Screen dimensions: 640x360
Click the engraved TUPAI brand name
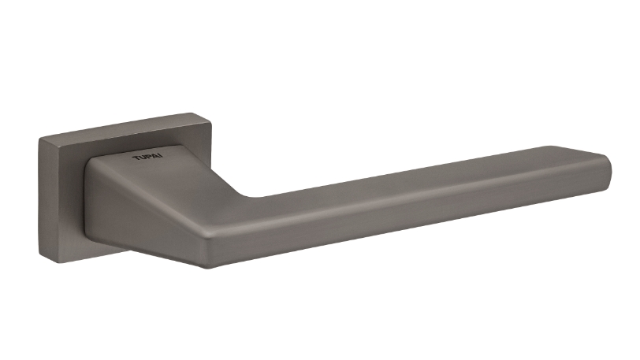click(147, 157)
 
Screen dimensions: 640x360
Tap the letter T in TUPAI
click(136, 158)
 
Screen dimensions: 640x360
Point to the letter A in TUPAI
click(156, 156)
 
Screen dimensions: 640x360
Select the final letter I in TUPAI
click(162, 156)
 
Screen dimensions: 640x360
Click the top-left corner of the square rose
click(39, 139)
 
